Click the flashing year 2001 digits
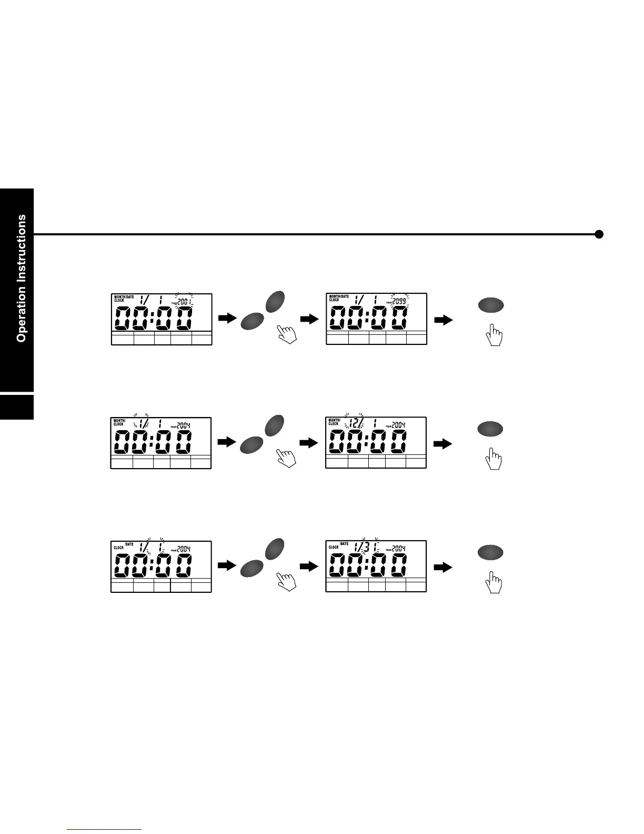click(185, 302)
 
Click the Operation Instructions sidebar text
click(21, 278)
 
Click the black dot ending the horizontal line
click(599, 234)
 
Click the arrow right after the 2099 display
click(444, 320)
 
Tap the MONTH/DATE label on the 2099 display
click(339, 296)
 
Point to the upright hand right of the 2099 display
click(494, 335)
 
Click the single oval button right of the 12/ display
click(490, 429)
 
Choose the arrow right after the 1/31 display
click(444, 567)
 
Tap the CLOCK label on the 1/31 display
click(334, 547)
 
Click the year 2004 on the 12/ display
click(398, 425)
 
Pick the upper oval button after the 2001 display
click(276, 301)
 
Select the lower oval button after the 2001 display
click(253, 321)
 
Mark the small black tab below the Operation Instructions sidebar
click(17, 406)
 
